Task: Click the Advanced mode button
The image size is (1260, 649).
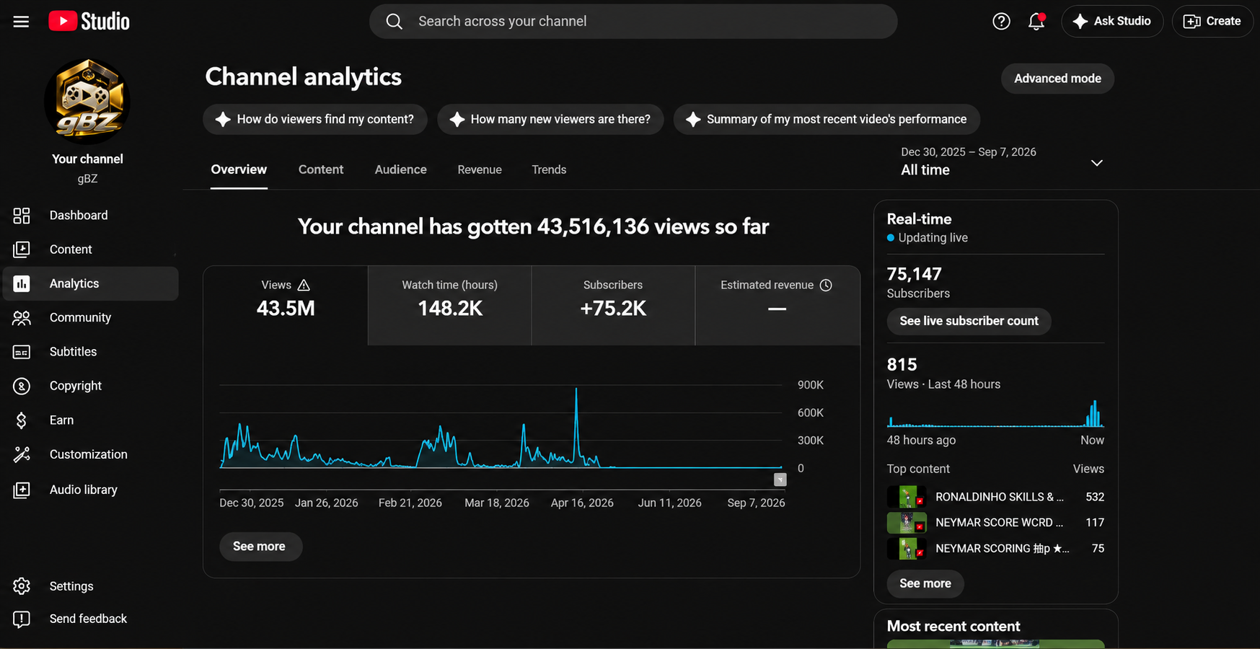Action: point(1057,79)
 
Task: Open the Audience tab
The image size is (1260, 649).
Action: point(400,169)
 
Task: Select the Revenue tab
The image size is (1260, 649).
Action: point(480,169)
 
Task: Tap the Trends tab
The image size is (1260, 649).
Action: point(549,169)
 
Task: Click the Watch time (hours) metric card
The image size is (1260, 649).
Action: point(449,306)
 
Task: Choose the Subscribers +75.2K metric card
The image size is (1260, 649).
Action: point(613,306)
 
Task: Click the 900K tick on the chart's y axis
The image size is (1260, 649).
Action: point(810,385)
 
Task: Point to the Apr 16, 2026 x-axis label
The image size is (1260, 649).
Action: point(582,503)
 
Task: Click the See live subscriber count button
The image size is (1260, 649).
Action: point(969,321)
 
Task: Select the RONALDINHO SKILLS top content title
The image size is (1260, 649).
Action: point(999,497)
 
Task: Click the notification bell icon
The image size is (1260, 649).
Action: point(1036,22)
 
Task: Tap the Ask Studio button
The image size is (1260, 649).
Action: point(1111,22)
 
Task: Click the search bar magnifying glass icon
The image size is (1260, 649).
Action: point(394,22)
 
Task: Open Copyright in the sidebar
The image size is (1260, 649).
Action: point(75,386)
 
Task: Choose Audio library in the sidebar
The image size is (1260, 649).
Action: point(83,490)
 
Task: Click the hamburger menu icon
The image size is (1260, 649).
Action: point(22,22)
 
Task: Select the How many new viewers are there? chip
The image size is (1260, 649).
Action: point(550,119)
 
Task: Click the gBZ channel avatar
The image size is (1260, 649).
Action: point(87,101)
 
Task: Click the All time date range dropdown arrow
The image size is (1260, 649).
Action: point(1096,163)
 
